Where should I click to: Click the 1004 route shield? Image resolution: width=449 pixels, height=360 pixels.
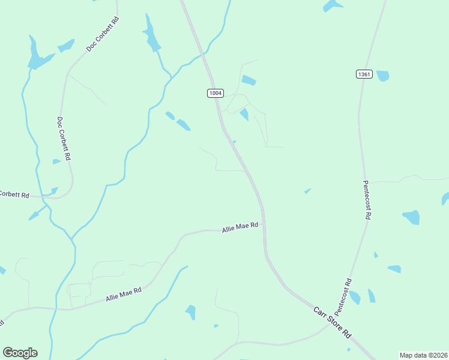[215, 93]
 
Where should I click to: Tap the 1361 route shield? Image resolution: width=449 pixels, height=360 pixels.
[364, 74]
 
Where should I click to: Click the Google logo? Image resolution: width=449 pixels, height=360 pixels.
[20, 353]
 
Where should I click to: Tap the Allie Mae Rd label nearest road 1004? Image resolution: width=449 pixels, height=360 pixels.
[240, 227]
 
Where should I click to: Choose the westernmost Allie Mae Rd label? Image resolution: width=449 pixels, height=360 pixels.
[123, 294]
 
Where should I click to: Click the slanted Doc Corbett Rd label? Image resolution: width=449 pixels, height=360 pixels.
[103, 33]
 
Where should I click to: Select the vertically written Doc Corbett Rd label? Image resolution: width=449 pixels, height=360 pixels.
[64, 138]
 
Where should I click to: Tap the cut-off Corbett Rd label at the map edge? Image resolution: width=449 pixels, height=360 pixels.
[14, 194]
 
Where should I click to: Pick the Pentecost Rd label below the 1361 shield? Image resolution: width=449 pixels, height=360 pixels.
[368, 200]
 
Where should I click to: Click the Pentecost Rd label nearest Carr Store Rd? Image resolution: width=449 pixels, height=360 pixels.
[343, 297]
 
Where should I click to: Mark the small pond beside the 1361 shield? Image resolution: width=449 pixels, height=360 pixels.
[382, 76]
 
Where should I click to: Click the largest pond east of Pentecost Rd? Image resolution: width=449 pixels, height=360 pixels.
[412, 217]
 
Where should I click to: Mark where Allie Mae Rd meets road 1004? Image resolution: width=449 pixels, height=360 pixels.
[264, 226]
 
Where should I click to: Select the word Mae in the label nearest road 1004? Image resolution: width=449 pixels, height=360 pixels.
[241, 227]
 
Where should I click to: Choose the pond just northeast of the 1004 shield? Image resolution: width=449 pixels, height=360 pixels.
[249, 80]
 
